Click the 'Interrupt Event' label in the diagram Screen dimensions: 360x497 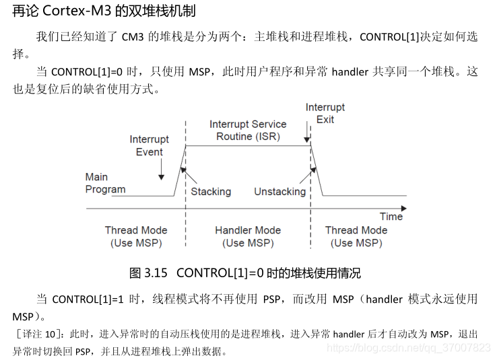click(x=150, y=145)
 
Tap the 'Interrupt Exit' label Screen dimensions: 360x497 click(x=325, y=113)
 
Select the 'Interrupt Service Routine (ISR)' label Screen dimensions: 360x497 click(x=248, y=130)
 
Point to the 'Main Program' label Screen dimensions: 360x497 click(x=105, y=183)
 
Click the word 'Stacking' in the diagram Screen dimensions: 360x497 click(x=210, y=192)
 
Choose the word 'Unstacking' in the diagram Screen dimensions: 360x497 click(x=279, y=192)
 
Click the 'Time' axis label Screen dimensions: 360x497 click(x=391, y=217)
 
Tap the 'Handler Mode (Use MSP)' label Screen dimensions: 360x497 click(x=248, y=236)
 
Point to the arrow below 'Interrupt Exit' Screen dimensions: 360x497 click(x=310, y=134)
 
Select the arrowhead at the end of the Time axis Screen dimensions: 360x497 click(x=400, y=209)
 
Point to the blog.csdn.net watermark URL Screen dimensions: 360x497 click(x=408, y=347)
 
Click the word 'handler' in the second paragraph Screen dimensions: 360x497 click(x=350, y=72)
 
